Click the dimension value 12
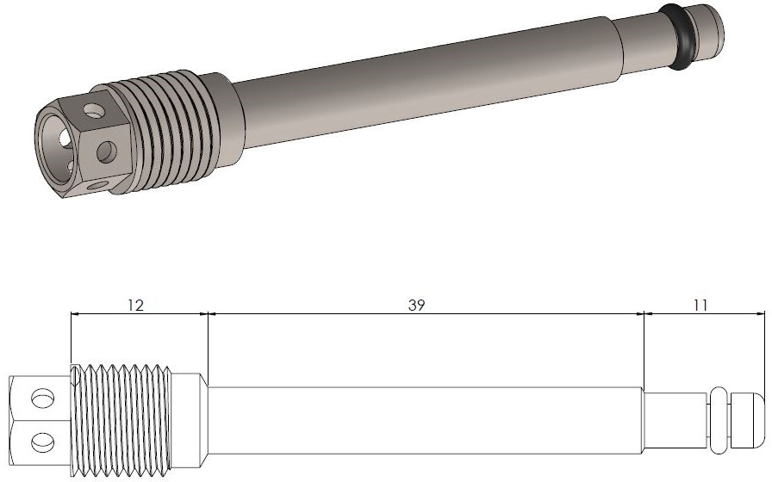pos(135,306)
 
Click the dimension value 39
pos(416,306)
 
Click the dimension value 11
pos(700,306)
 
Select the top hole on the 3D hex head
pos(93,111)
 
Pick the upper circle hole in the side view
pos(43,398)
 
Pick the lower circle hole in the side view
pos(43,442)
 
